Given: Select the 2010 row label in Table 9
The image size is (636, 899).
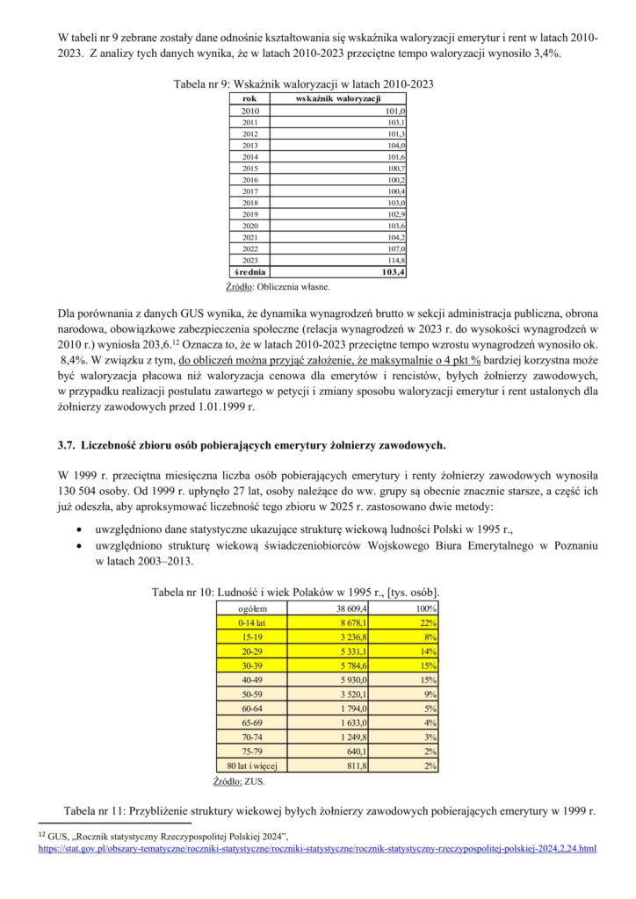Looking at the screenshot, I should [x=250, y=111].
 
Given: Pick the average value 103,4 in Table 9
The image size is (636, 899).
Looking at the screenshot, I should [x=392, y=272].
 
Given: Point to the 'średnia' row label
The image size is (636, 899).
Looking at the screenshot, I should [x=250, y=272].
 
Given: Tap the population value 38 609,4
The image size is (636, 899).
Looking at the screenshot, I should [x=351, y=608].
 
